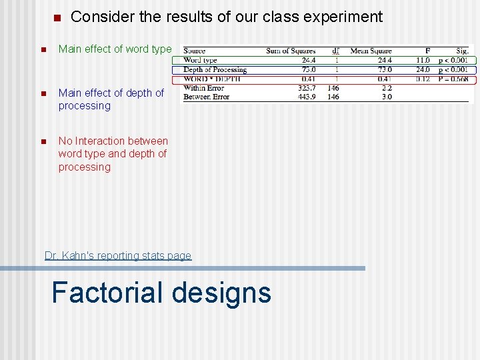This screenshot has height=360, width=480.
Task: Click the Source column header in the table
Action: click(194, 51)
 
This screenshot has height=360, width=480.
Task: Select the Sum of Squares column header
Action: click(291, 51)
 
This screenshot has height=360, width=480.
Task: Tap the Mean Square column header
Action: click(371, 51)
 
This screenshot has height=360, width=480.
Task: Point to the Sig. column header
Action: click(462, 51)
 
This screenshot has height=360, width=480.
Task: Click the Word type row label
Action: click(200, 60)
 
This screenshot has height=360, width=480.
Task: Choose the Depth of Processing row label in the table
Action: click(215, 69)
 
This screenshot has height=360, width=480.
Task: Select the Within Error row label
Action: click(203, 88)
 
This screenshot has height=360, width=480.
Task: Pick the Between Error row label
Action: click(206, 97)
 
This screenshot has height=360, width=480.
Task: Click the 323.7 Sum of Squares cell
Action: click(307, 88)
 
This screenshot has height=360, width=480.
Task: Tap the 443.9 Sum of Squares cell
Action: click(307, 97)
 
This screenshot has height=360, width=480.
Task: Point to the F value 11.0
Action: click(423, 60)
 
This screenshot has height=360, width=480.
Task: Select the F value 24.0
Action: click(423, 69)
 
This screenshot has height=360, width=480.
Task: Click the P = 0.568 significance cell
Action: click(453, 79)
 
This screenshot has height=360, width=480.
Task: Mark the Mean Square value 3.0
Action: click(387, 97)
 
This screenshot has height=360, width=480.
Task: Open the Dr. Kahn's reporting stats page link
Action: click(117, 255)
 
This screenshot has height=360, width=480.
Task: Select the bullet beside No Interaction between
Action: click(42, 141)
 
